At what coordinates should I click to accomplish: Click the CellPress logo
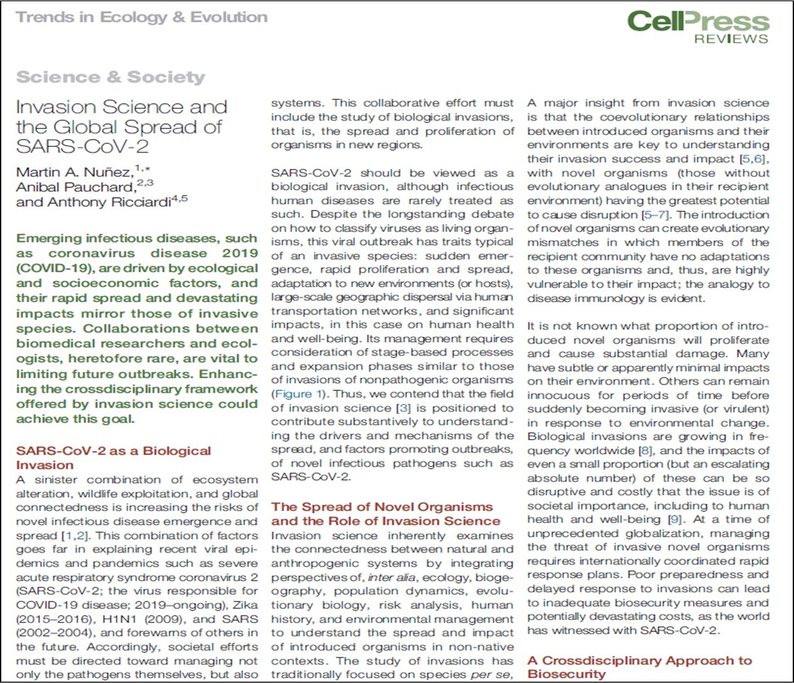pos(698,21)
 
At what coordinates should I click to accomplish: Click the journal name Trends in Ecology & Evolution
pos(142,17)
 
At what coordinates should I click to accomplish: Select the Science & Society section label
pos(111,77)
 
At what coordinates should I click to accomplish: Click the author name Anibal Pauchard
pos(75,187)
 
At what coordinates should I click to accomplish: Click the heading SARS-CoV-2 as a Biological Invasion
pos(113,457)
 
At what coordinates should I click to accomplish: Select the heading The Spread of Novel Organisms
pos(382,506)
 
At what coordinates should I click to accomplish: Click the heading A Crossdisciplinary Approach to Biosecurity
pos(639,667)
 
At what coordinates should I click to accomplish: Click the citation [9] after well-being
pos(673,520)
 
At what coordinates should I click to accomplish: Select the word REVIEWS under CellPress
pos(731,39)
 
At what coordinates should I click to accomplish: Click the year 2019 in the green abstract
pos(240,253)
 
